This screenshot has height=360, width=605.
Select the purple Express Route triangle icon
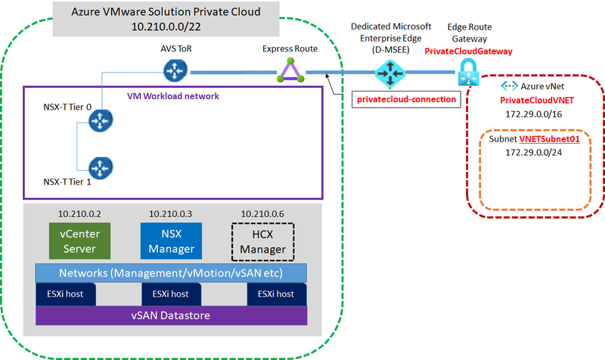click(x=290, y=73)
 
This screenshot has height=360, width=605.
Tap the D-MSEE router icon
click(x=390, y=74)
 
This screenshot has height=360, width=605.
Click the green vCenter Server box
click(x=79, y=240)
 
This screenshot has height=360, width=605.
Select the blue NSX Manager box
click(x=171, y=240)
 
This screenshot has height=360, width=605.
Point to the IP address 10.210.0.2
click(x=79, y=213)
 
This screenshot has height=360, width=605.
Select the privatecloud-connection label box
click(x=408, y=99)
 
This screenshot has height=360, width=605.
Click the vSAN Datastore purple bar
click(x=171, y=315)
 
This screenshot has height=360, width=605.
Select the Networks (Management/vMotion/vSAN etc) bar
click(x=171, y=272)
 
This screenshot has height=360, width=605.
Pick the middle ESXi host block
click(x=171, y=293)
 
